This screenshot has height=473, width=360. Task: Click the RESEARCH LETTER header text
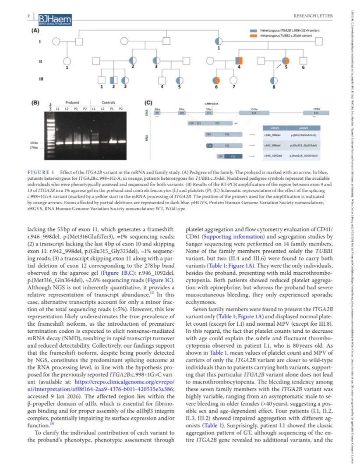click(313, 17)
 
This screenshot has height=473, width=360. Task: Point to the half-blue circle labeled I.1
click(219, 41)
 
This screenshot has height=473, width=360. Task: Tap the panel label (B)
click(35, 103)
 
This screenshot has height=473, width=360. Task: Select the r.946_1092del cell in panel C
click(268, 156)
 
